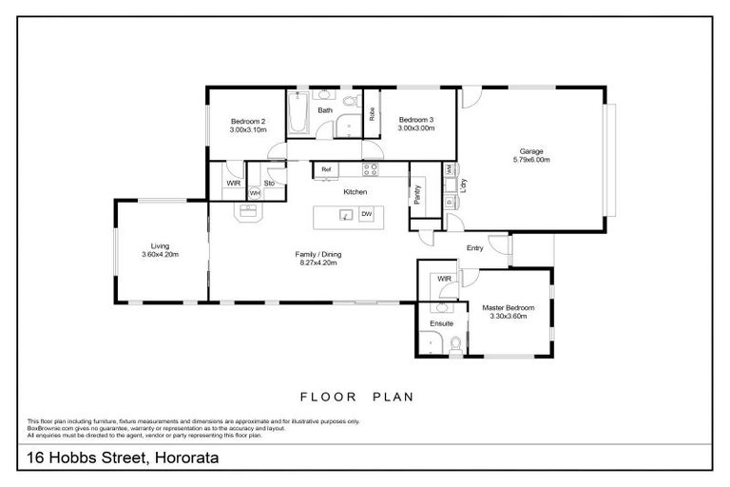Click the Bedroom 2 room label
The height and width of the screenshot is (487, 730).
tap(247, 121)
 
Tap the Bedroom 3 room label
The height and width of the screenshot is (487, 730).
tap(415, 119)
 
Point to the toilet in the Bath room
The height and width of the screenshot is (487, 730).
tap(349, 101)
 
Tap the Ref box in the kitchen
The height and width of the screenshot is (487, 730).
tap(326, 169)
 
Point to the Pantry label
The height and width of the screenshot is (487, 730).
tap(418, 193)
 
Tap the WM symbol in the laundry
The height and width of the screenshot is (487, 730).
tap(449, 169)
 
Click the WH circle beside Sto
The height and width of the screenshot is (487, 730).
tap(254, 193)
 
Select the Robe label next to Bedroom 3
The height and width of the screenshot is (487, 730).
tap(372, 114)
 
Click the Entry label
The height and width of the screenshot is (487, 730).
tap(474, 248)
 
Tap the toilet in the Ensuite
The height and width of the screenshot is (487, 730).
tap(455, 344)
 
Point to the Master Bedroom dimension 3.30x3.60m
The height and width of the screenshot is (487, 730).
tap(508, 316)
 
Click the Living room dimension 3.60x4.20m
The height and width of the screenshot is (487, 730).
tap(160, 255)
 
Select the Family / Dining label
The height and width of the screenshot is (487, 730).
tap(317, 254)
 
